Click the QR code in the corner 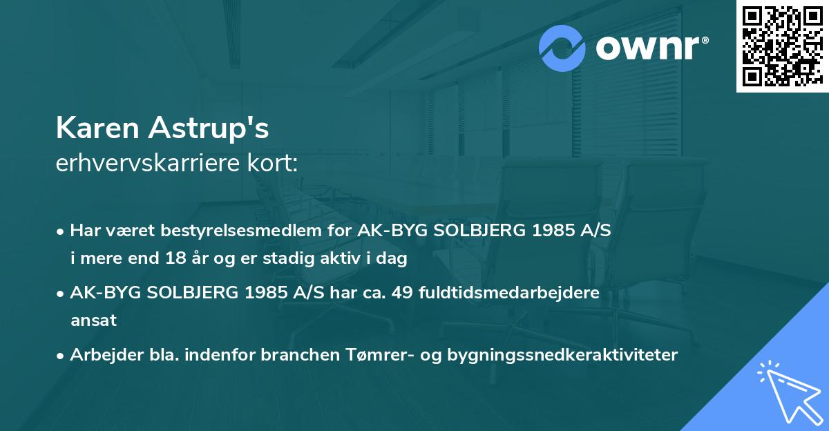click(782, 46)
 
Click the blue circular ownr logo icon click(562, 48)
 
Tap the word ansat click(93, 320)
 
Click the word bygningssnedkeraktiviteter click(563, 355)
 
